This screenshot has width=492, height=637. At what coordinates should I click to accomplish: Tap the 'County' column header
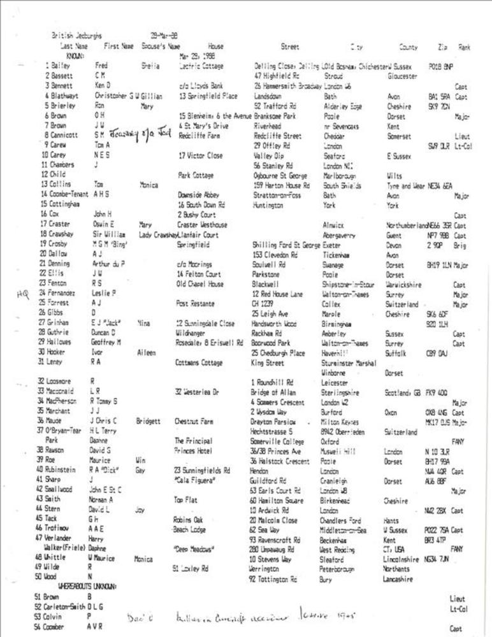(x=408, y=47)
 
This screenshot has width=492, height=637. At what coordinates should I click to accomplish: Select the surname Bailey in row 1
(x=62, y=66)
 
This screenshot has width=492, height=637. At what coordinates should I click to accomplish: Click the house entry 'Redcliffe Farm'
(x=196, y=135)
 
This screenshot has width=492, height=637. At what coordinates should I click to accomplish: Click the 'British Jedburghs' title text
(x=76, y=36)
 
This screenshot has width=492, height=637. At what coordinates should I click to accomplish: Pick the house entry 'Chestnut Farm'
(x=192, y=421)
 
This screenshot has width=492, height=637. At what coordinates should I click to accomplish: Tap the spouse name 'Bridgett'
(x=148, y=421)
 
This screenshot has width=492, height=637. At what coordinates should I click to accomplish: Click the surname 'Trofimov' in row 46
(x=61, y=529)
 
